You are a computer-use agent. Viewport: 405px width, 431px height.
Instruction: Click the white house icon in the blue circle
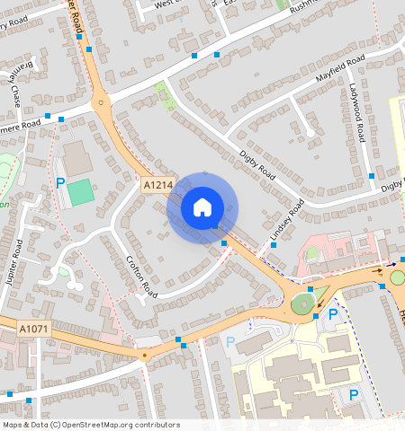202,207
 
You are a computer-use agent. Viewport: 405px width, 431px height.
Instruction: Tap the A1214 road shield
157,184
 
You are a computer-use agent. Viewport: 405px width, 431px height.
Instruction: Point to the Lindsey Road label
287,221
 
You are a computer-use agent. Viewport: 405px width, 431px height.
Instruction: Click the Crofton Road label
141,276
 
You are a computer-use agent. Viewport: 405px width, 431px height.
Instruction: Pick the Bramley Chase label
15,84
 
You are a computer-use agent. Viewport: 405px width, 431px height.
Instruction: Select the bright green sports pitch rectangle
80,191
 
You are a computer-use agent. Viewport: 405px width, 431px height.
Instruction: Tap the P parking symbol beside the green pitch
61,183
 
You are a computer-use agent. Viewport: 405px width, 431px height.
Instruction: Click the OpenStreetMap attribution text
90,425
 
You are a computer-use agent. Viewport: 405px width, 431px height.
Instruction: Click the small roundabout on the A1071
144,354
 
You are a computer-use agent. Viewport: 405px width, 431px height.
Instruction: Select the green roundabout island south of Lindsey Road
303,305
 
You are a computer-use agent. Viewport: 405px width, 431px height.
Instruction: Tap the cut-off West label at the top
164,4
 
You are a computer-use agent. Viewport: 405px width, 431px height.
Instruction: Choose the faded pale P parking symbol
229,342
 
